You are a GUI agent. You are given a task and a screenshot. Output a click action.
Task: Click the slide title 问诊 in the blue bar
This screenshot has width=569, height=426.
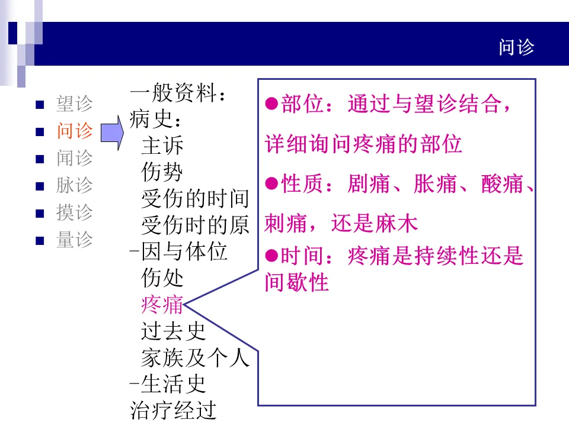(x=516, y=48)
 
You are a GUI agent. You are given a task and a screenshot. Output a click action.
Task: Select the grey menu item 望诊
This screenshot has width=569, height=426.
(x=75, y=104)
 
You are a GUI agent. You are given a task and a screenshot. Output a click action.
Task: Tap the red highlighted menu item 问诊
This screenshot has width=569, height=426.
(x=75, y=131)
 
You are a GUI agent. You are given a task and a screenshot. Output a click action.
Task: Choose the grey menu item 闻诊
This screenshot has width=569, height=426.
(x=75, y=159)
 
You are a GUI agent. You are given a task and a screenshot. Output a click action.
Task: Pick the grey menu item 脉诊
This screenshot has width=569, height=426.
(x=75, y=185)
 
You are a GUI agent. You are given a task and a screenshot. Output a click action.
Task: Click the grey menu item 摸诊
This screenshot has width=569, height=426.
(x=75, y=212)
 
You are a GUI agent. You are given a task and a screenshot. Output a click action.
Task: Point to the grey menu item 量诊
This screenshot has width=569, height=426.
(x=75, y=240)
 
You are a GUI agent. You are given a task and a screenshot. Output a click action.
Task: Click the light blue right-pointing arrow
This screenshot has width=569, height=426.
(x=111, y=133)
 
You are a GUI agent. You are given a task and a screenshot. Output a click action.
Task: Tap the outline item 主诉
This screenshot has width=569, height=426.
(x=162, y=146)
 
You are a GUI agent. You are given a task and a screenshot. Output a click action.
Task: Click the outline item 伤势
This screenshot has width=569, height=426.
(x=162, y=172)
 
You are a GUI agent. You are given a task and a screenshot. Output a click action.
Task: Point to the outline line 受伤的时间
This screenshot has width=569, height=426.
(x=195, y=198)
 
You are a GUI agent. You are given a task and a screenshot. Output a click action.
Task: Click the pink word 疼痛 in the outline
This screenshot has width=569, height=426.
(x=162, y=305)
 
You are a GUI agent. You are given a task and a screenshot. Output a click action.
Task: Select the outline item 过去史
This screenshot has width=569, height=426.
(x=173, y=331)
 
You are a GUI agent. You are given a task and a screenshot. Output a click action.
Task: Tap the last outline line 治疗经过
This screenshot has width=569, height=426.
(x=173, y=410)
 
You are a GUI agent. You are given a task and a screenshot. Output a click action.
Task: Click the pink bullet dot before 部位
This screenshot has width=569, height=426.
(x=271, y=105)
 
